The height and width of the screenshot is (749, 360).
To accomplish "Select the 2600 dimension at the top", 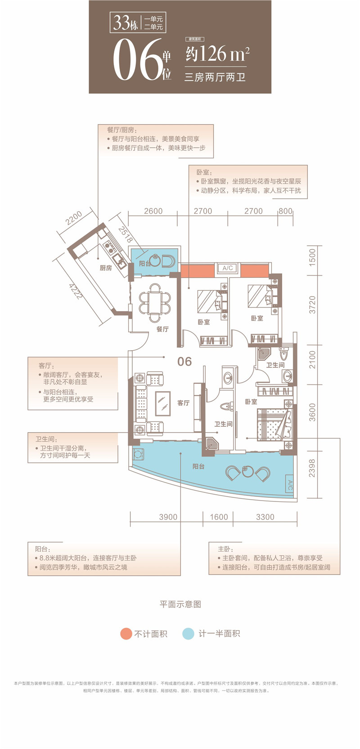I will click(153, 211).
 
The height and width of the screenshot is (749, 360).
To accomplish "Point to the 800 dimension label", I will click(285, 211).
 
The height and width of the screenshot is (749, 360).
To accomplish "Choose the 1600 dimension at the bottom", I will click(219, 517).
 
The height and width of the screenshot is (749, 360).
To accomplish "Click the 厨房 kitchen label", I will click(106, 268).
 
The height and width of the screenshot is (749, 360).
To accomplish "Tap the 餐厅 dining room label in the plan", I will click(162, 329).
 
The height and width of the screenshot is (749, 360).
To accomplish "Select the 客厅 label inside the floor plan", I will click(183, 403).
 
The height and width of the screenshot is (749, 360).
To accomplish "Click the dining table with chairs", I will click(155, 298).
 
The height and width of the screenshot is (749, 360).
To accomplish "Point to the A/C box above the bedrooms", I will click(227, 268).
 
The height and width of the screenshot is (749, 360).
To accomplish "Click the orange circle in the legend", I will click(126, 634).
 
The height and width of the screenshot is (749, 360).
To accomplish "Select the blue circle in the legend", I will click(188, 634).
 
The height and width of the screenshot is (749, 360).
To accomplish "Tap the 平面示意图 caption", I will click(180, 604).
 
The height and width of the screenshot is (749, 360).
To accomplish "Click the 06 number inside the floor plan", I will click(184, 361).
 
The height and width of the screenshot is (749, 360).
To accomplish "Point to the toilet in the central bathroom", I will click(225, 406).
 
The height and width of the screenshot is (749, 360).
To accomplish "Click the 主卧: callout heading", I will click(225, 549).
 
